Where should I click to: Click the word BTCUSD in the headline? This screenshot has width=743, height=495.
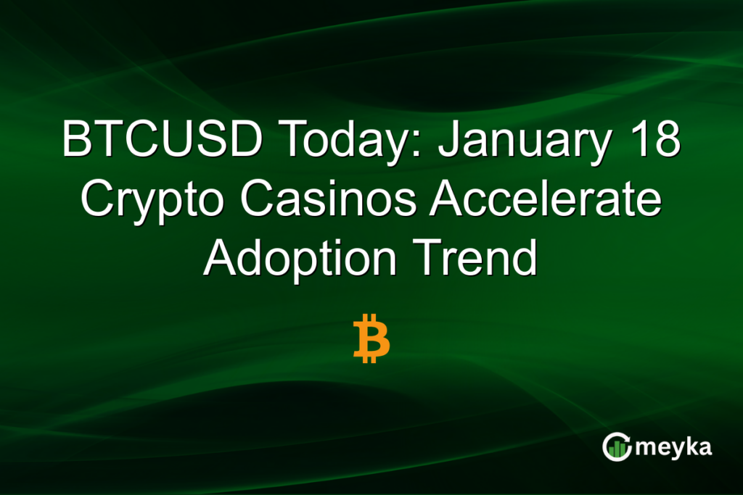(161, 140)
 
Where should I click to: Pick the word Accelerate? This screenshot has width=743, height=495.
(544, 199)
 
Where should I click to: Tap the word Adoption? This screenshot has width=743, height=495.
(301, 259)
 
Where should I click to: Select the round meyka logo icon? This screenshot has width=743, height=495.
(616, 447)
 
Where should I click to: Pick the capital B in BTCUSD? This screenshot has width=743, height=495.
(76, 140)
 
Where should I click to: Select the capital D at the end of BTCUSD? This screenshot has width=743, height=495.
(245, 140)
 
